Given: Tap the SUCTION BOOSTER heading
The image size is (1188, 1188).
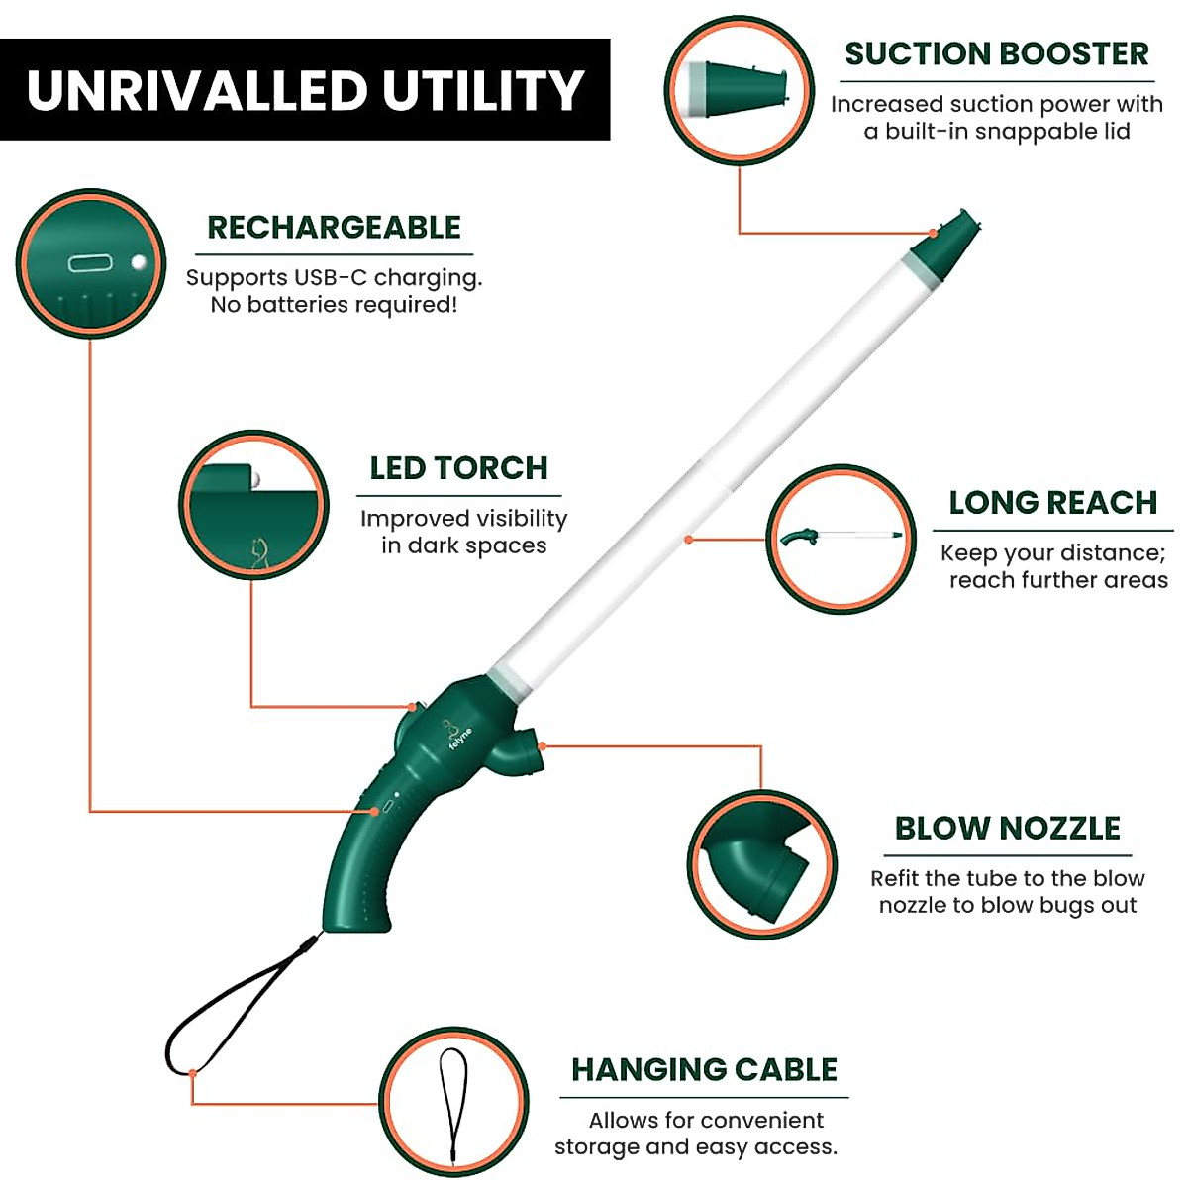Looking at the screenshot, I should [x=996, y=53].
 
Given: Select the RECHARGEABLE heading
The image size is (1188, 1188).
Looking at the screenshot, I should [x=334, y=228].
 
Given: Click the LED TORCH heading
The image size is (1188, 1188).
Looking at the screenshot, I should [x=458, y=468].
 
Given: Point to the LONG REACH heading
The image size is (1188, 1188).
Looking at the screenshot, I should [x=1052, y=503].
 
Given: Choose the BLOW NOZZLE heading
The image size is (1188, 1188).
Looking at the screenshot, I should [x=1007, y=829].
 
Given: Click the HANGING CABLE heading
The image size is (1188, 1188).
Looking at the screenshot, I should [x=704, y=1070].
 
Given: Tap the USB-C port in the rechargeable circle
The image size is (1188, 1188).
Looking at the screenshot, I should [x=90, y=263].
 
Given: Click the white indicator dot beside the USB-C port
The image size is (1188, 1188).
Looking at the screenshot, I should [x=139, y=263].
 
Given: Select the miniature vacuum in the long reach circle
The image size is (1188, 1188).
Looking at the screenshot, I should [x=840, y=537].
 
